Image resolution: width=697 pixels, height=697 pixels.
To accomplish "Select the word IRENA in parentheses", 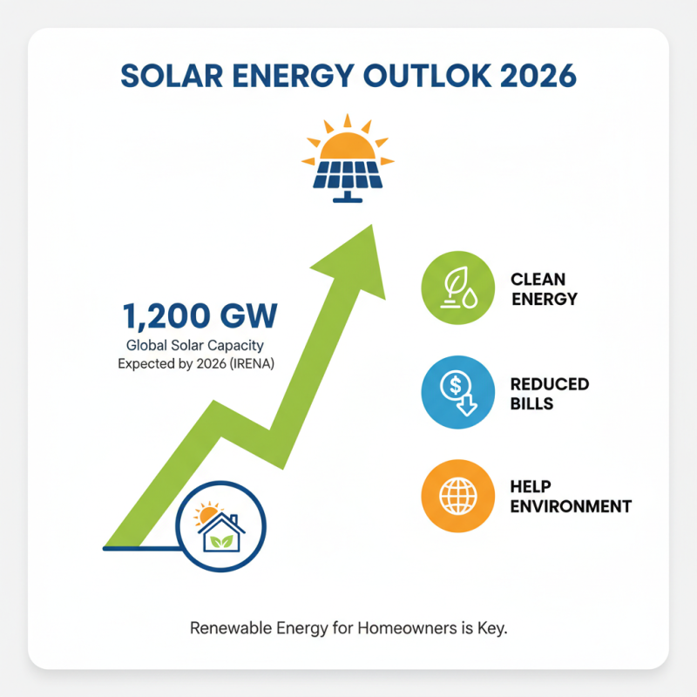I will click(252, 364).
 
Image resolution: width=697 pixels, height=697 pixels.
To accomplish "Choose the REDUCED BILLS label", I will click(549, 393).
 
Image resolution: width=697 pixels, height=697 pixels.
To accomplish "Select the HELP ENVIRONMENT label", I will click(571, 497).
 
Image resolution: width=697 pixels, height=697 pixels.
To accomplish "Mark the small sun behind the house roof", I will click(206, 514).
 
